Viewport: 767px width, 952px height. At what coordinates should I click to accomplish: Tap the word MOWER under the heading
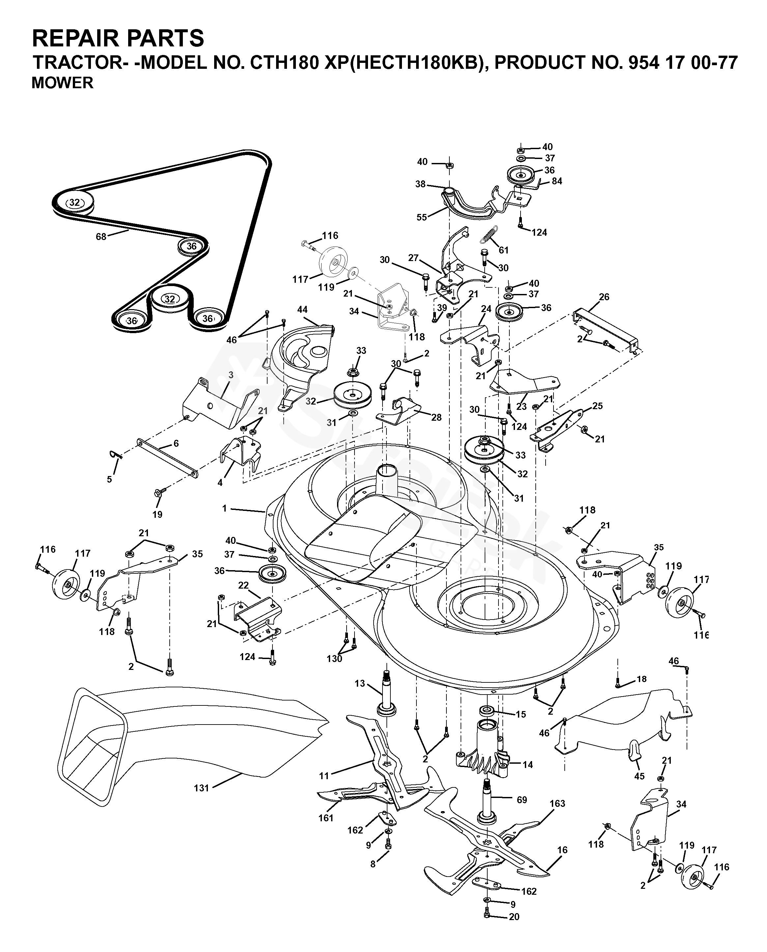click(62, 83)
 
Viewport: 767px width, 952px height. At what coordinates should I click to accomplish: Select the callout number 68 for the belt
click(101, 237)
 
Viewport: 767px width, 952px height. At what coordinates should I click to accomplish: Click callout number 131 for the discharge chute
click(202, 787)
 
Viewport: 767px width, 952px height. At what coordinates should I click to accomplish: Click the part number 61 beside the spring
click(504, 251)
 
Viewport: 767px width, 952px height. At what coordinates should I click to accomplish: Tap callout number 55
click(422, 217)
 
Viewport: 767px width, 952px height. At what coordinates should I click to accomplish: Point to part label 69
click(522, 800)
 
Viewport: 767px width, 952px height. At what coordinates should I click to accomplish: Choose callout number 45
click(639, 776)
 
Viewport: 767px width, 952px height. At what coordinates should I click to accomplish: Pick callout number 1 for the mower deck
click(224, 509)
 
